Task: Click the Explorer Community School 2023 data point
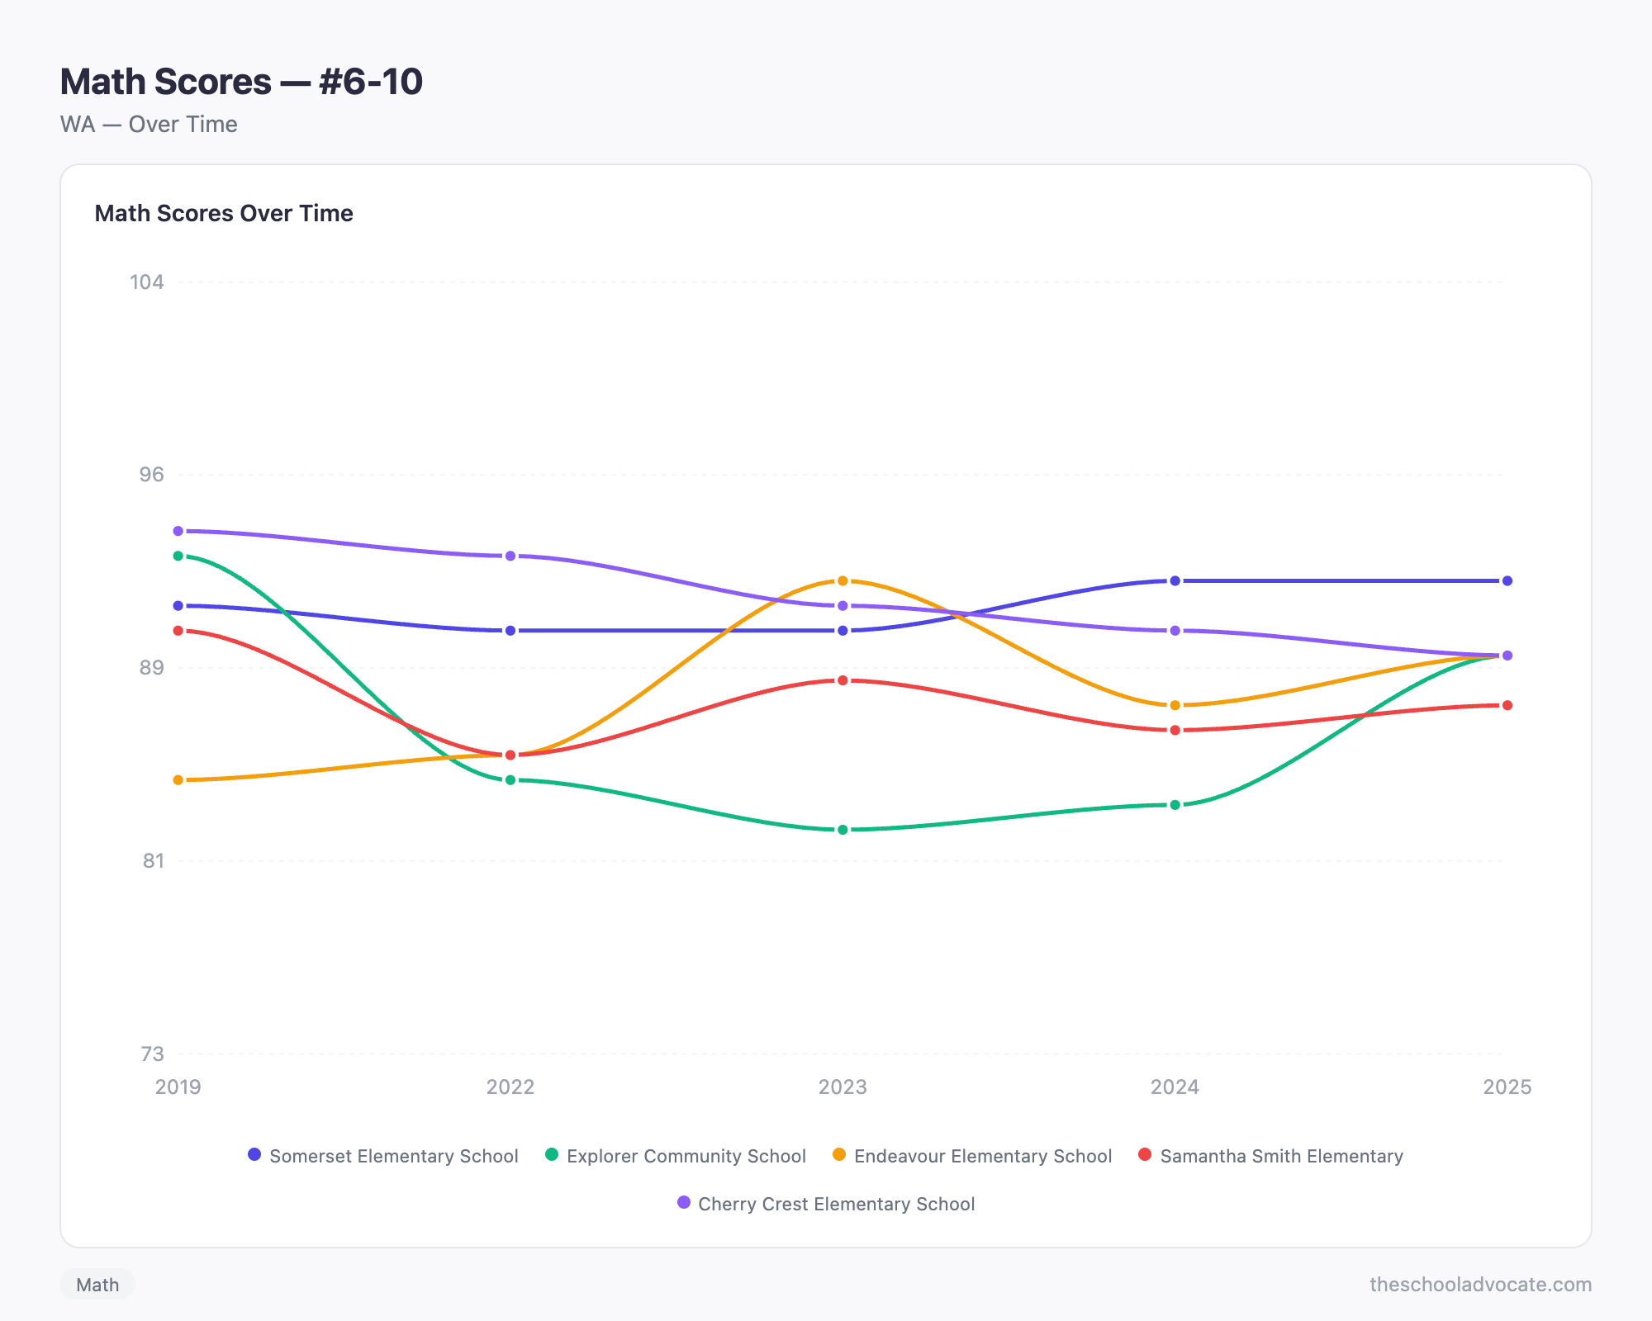[x=843, y=830]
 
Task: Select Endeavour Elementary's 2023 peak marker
[x=843, y=581]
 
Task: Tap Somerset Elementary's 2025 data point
[x=1507, y=581]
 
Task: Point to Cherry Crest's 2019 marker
[x=178, y=531]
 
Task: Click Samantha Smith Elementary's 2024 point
[x=1175, y=731]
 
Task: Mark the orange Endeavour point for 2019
[x=178, y=780]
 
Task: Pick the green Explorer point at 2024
[x=1175, y=805]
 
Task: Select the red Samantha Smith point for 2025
[x=1507, y=705]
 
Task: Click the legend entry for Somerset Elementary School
[x=383, y=1156]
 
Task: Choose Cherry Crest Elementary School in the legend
[x=826, y=1204]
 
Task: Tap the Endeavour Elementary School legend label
[x=972, y=1156]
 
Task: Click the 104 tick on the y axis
[x=147, y=282]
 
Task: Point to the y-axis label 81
[x=154, y=861]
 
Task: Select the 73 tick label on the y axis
[x=153, y=1054]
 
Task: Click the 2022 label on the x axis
[x=510, y=1087]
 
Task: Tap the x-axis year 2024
[x=1175, y=1087]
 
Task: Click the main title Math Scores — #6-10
[x=241, y=82]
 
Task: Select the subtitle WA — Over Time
[x=149, y=125]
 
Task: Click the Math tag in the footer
[x=97, y=1285]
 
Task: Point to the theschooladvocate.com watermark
[x=1480, y=1285]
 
